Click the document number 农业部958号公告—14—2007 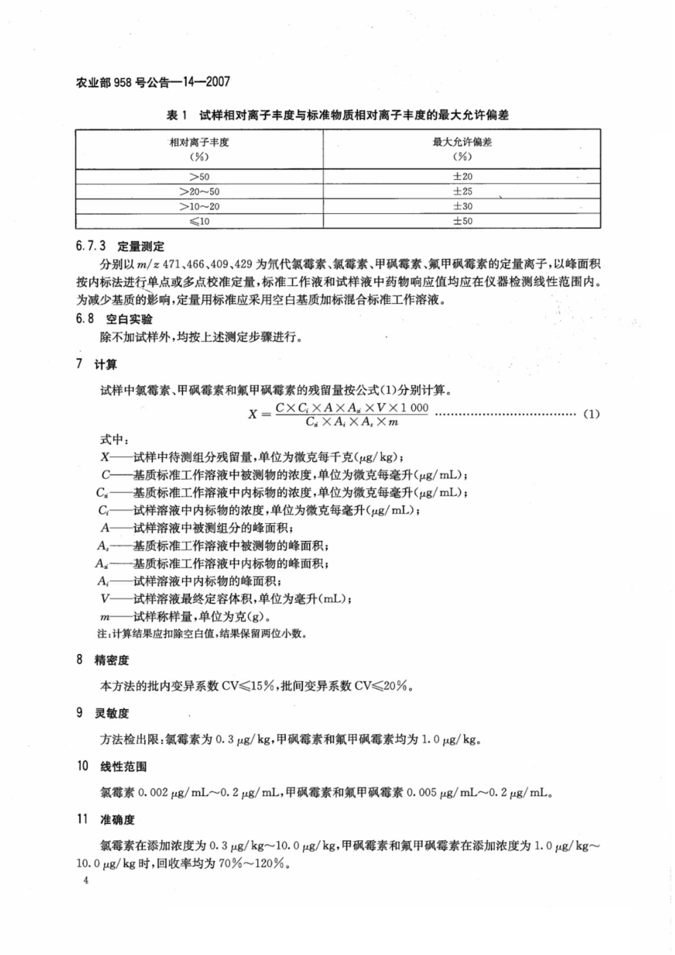pos(152,82)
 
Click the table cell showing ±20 pos(462,176)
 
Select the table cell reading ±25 pos(462,191)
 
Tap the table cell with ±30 pos(462,206)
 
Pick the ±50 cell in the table pos(462,221)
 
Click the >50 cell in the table pos(199,177)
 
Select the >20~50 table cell pos(199,192)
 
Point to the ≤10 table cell pos(199,221)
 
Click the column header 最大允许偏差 pos(462,142)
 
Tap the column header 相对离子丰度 pos(199,142)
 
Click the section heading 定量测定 pos(140,246)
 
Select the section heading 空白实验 pos(129,319)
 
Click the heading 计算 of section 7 pos(106,364)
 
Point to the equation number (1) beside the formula pos(591,414)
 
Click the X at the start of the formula pos(252,414)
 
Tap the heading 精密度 pos(111,660)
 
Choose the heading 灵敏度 pos(111,713)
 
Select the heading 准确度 pos(117,819)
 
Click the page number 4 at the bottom pos(86,881)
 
